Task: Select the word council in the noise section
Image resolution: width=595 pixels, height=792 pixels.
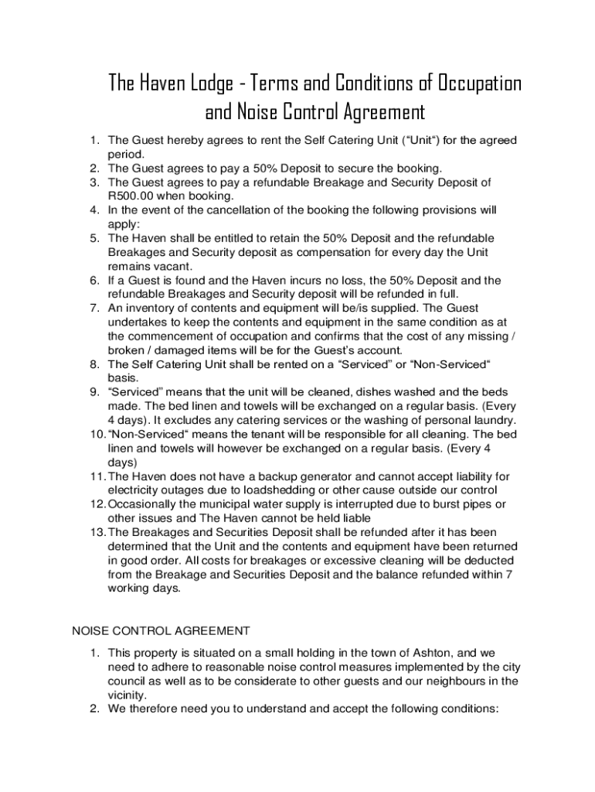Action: pos(128,681)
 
